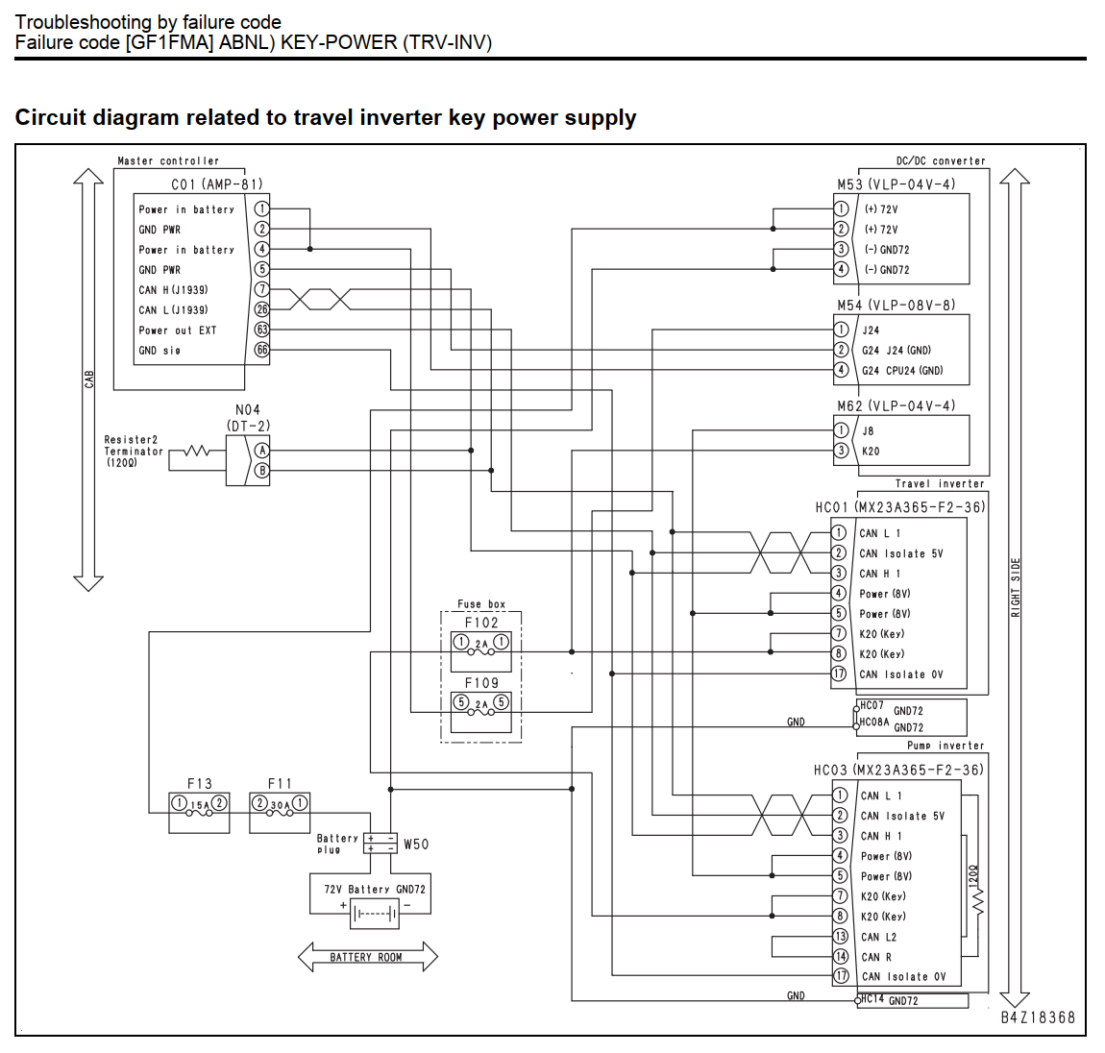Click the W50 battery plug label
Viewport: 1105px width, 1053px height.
[x=416, y=845]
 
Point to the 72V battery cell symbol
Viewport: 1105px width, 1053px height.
[x=374, y=914]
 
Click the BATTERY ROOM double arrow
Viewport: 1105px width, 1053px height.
[x=367, y=957]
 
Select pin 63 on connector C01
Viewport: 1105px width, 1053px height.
[x=261, y=330]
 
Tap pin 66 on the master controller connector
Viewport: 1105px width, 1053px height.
[x=261, y=350]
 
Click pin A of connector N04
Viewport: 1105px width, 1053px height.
[x=261, y=451]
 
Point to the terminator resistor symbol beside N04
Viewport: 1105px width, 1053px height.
[x=197, y=452]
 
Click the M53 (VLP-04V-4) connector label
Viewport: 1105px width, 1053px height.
[x=896, y=184]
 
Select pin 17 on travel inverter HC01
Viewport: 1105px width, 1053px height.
[x=839, y=673]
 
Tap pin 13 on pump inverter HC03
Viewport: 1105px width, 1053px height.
[x=840, y=937]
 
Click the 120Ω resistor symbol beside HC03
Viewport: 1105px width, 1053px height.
[x=978, y=902]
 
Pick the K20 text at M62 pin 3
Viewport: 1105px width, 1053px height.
[x=871, y=452]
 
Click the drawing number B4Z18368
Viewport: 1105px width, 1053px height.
[x=1038, y=1017]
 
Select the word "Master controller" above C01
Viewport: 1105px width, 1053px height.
[x=168, y=160]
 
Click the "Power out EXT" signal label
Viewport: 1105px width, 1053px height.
[x=178, y=331]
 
